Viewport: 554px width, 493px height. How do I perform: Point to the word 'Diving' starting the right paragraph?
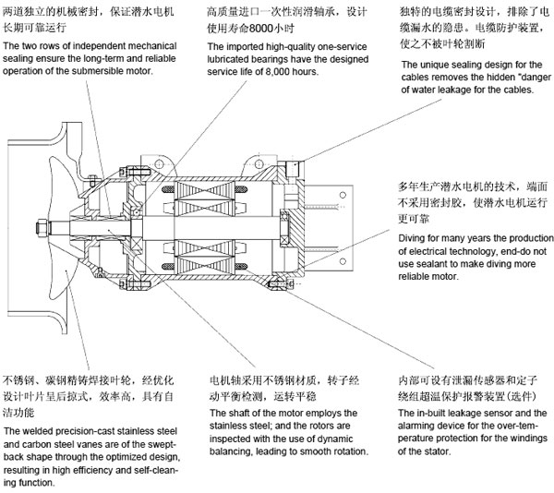point(414,238)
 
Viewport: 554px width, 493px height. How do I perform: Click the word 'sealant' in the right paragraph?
point(432,264)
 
